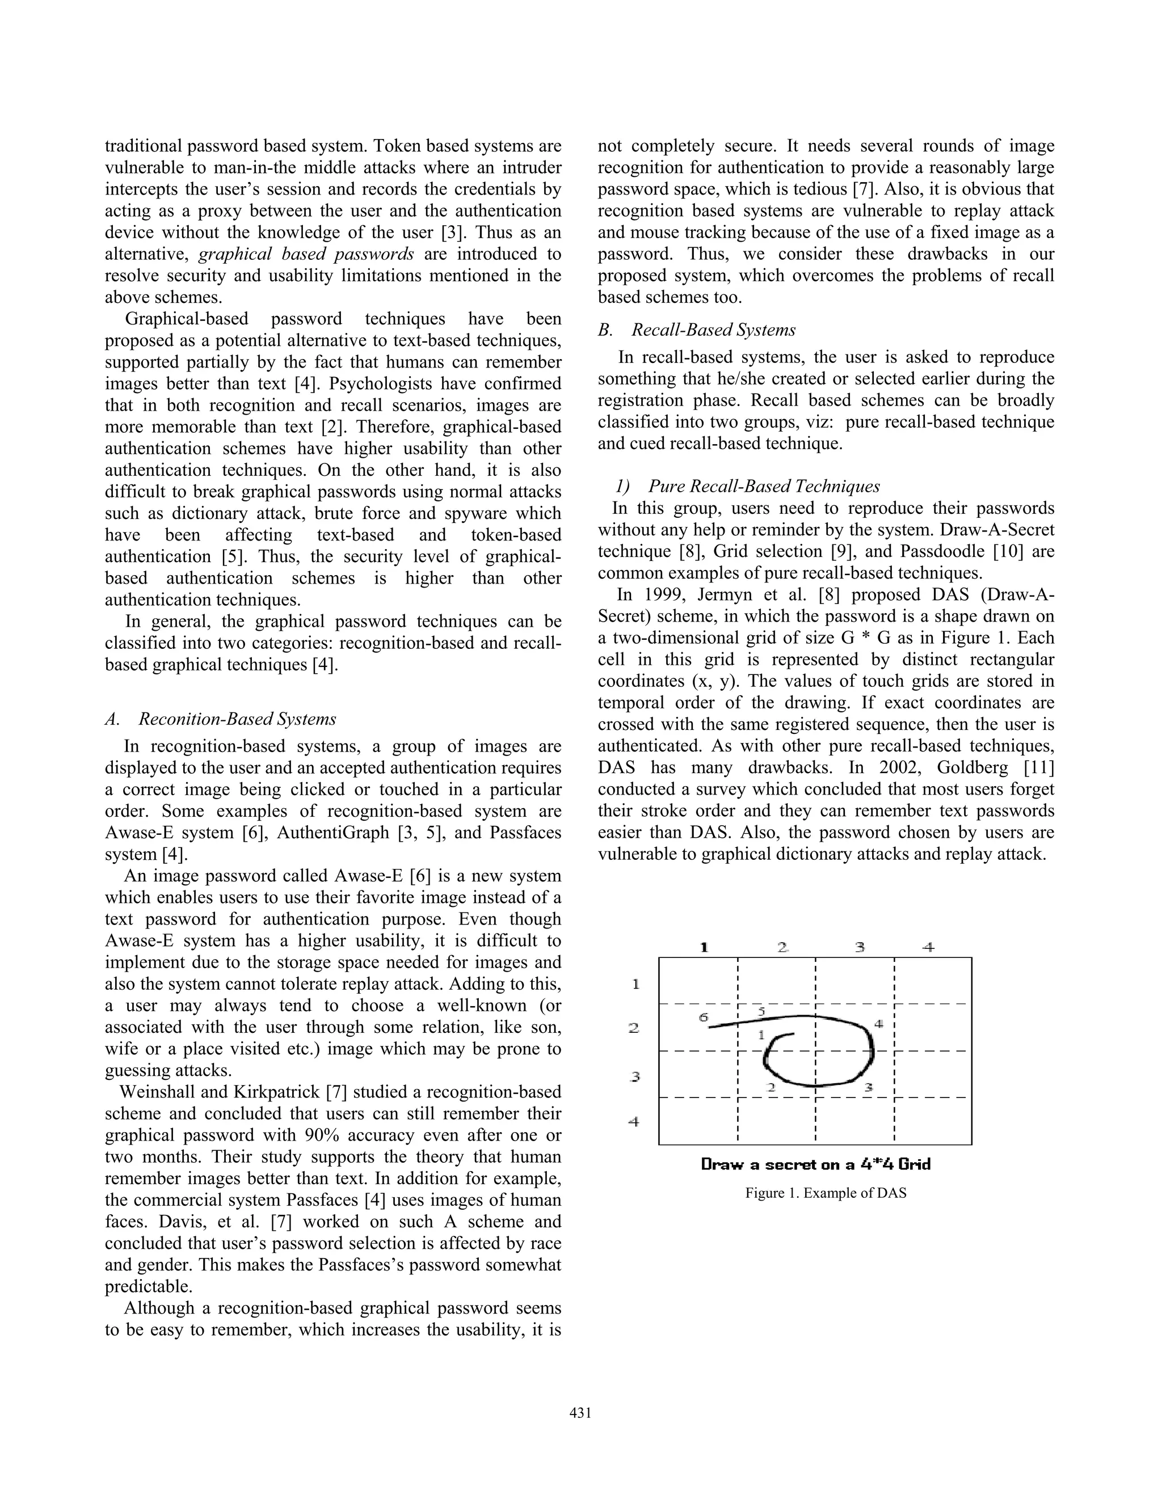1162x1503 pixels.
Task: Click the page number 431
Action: (x=580, y=1413)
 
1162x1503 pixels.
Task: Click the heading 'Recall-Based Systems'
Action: (x=713, y=330)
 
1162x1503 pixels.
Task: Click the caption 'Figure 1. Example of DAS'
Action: (x=826, y=1193)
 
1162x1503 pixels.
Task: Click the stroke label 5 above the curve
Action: (x=761, y=1011)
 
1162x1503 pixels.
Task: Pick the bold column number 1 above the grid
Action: (x=704, y=948)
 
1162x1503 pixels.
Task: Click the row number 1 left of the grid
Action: (x=635, y=985)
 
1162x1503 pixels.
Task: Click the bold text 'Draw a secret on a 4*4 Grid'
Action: (x=816, y=1164)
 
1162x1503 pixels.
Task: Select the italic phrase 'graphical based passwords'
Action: (x=306, y=255)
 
